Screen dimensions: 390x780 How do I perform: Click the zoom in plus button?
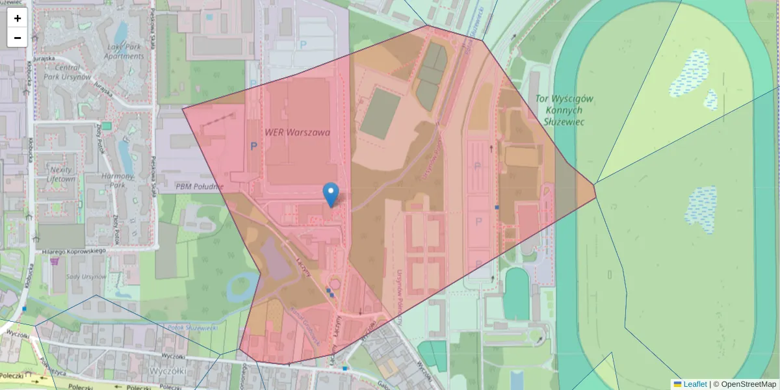[17, 18]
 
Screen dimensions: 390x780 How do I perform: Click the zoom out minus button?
[17, 38]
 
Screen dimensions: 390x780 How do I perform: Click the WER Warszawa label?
[297, 132]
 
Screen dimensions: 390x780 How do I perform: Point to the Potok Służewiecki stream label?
[192, 328]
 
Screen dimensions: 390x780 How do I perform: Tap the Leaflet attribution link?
[695, 384]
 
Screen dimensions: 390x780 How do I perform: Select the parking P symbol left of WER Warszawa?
[253, 146]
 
